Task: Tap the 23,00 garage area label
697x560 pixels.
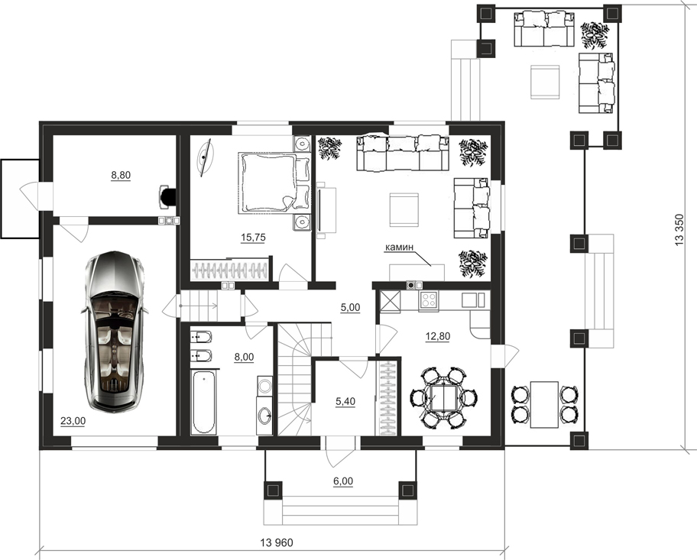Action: point(73,421)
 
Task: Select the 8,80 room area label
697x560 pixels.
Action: point(121,175)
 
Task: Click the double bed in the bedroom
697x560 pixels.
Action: point(274,183)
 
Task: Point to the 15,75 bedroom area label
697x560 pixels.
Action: point(253,238)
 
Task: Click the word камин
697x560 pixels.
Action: point(399,247)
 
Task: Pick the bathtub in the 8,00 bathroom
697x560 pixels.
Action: point(203,403)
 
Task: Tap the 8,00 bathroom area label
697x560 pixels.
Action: point(244,357)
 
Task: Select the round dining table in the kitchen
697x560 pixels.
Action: point(443,397)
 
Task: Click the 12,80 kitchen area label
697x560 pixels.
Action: point(438,336)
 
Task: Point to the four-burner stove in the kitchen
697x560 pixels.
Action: point(429,300)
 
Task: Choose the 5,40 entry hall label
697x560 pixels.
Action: point(345,401)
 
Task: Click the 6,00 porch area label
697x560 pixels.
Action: point(342,481)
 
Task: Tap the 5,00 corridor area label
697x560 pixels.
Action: point(350,307)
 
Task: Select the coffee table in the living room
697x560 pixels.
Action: point(404,210)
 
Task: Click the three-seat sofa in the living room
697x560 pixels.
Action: point(402,154)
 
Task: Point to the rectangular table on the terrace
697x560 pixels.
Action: point(544,404)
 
